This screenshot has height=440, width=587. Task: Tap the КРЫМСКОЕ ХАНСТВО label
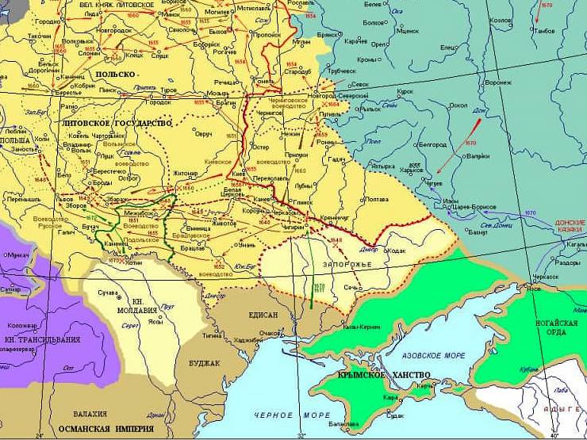coord(384,375)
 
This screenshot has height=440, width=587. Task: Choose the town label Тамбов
coord(545,31)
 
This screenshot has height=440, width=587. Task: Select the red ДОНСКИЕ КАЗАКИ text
coord(570,227)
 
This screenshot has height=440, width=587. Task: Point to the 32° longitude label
coord(301,434)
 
